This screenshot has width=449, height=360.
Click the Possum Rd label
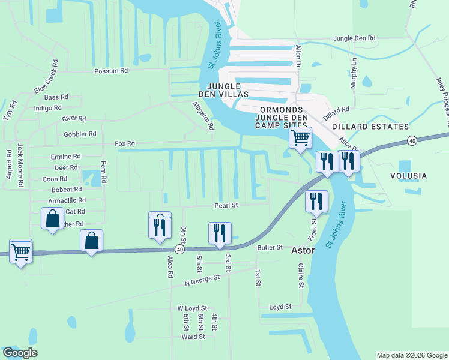tap(111, 70)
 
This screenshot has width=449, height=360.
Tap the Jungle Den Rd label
tap(354, 38)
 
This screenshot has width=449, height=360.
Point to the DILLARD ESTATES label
tap(370, 127)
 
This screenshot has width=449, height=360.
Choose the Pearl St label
tap(227, 205)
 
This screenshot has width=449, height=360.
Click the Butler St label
tap(270, 247)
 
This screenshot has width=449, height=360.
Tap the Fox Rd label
tap(125, 144)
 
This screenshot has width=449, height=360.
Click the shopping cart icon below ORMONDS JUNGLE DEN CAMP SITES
tap(300, 137)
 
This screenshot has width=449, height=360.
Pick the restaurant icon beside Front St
tap(316, 202)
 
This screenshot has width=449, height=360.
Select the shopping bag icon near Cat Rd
tap(52, 218)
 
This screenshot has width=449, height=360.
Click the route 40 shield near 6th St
tap(179, 248)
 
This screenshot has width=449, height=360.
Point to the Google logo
tap(20, 353)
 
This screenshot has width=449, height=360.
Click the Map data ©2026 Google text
tap(411, 355)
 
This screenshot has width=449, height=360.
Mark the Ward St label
tap(193, 337)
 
